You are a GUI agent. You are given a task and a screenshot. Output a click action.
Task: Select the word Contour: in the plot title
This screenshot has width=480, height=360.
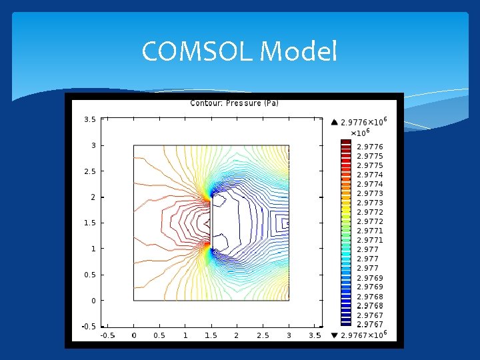click(207, 103)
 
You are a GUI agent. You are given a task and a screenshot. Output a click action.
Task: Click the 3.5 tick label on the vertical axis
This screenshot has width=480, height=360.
click(89, 120)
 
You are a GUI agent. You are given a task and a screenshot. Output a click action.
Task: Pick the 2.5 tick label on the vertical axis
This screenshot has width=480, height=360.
click(89, 171)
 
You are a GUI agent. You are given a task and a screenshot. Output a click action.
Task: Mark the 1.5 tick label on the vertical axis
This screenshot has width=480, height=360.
click(89, 223)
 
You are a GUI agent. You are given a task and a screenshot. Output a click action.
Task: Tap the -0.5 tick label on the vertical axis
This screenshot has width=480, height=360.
click(88, 327)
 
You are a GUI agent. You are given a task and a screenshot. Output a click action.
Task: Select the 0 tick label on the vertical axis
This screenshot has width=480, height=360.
click(93, 301)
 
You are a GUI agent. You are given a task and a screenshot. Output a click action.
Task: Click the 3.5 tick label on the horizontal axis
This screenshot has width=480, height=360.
click(315, 335)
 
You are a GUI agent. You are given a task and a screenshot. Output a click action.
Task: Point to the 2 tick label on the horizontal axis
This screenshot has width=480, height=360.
click(237, 335)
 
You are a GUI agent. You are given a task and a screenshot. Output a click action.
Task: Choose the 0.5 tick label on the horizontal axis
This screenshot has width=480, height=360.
click(159, 335)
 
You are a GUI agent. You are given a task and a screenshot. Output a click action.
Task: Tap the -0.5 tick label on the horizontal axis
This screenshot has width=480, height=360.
click(107, 335)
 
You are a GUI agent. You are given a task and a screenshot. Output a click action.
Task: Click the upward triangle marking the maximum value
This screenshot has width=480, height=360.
click(335, 122)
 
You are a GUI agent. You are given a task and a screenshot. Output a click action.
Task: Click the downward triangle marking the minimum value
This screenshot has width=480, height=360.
click(335, 335)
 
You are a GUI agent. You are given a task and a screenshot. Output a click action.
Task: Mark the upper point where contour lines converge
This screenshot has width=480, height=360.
click(209, 198)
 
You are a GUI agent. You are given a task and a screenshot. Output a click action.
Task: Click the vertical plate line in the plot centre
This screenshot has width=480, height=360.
click(212, 222)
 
